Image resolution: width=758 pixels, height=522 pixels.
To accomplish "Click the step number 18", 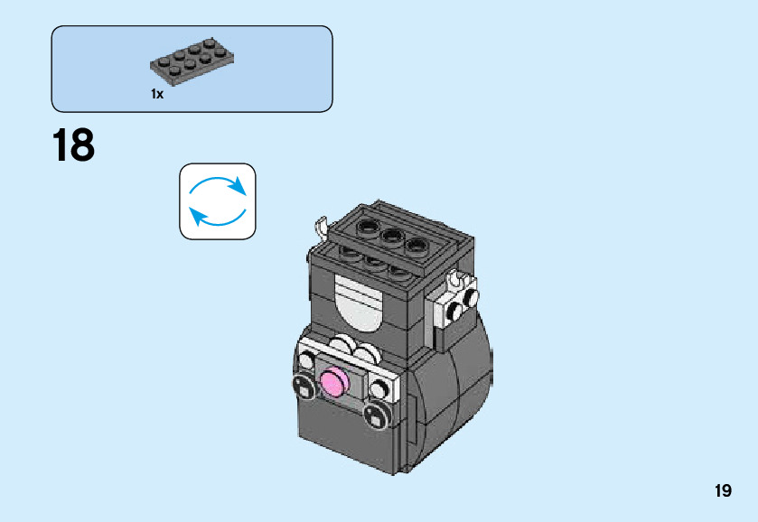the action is [73, 145].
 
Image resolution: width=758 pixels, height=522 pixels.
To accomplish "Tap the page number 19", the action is [722, 491].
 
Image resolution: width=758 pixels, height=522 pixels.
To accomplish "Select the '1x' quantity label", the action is [157, 94].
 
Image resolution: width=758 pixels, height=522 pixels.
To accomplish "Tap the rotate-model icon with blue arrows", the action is [218, 201].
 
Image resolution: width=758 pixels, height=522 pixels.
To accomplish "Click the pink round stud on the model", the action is [333, 384].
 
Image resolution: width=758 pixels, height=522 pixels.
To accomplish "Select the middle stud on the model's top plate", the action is [392, 237].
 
